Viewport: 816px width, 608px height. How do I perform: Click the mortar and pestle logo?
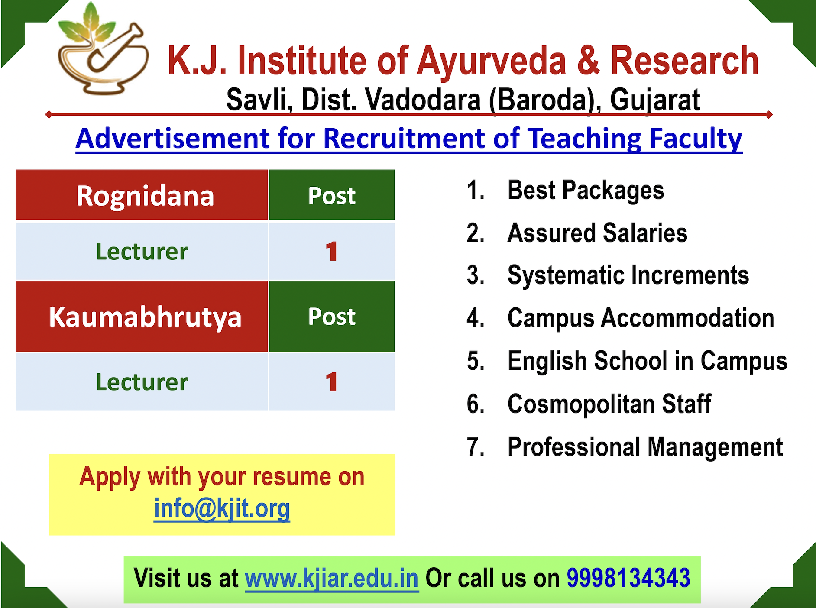(x=103, y=50)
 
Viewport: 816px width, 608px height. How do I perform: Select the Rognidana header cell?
(x=142, y=195)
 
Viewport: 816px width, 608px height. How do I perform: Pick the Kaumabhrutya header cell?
(x=142, y=317)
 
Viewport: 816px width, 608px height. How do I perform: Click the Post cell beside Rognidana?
(x=332, y=195)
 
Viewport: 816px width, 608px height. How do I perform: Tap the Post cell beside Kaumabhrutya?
(x=332, y=317)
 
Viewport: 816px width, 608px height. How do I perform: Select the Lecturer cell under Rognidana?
(x=142, y=251)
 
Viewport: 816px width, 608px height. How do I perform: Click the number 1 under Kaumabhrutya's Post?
(x=332, y=382)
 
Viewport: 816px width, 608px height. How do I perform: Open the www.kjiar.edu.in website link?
(x=332, y=578)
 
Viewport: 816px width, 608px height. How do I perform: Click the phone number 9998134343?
(x=628, y=578)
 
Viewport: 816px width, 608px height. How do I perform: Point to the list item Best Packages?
(x=586, y=191)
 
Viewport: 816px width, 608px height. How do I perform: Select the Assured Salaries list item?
(x=597, y=233)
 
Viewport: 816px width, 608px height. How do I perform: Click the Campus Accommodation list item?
(x=641, y=318)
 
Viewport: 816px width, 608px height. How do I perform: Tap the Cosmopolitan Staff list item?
(x=609, y=404)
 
